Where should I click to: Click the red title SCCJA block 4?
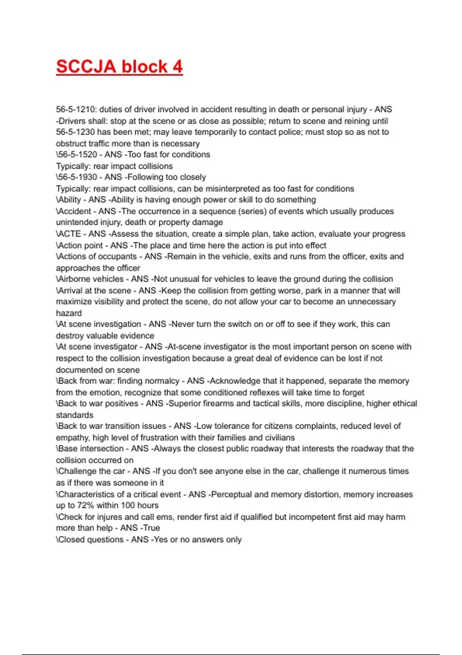coord(119,67)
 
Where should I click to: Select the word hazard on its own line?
coord(69,313)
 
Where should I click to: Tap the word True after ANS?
coord(151,528)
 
